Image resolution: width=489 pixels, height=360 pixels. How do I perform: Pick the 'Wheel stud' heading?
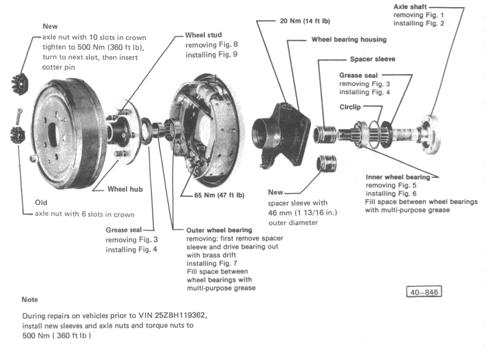point(203,35)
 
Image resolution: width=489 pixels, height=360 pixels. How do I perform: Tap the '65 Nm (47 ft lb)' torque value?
point(219,195)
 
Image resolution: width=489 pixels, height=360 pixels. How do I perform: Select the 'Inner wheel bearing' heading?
point(398,177)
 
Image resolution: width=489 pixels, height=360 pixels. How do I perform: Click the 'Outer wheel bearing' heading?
point(219,231)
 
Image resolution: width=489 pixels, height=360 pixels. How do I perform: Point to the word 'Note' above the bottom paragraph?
point(30,299)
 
